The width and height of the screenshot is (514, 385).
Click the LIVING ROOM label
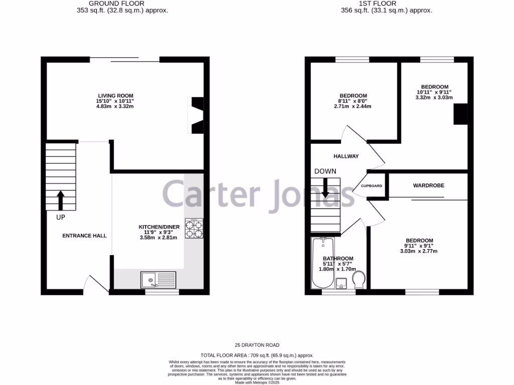[x=115, y=95]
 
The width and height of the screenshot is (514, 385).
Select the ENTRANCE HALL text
[x=84, y=236]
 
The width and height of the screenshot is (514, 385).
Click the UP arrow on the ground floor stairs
[x=60, y=200]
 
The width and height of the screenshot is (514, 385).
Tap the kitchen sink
[x=158, y=279]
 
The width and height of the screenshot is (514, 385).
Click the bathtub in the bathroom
[x=320, y=263]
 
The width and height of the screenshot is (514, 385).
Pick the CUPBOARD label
[x=371, y=186]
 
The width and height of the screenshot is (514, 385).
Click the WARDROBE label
[x=428, y=185]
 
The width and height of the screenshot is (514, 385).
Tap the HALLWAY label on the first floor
[x=346, y=156]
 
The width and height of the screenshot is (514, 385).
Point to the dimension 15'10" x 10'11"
[x=115, y=101]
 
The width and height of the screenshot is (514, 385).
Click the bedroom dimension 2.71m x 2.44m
[x=353, y=106]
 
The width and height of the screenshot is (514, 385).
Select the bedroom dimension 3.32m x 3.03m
[x=435, y=97]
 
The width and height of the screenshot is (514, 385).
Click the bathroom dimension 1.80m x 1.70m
[x=338, y=269]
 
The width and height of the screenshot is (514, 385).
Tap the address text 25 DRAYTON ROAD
[x=257, y=345]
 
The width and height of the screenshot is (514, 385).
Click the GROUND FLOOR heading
[x=115, y=3]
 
